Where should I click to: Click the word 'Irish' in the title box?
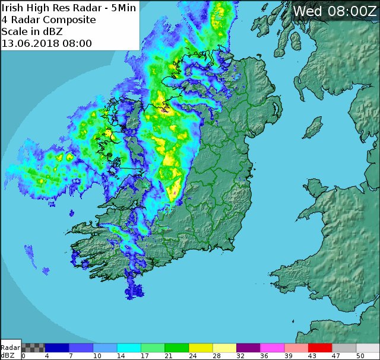[x=14, y=8]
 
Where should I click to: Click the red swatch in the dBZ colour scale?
[x=319, y=348]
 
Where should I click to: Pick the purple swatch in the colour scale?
[x=248, y=348]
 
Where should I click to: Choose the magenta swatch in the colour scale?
[x=272, y=348]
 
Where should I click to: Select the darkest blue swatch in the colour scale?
[x=57, y=348]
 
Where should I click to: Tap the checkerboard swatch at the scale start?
[x=33, y=348]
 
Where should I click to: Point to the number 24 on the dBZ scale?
[x=192, y=356]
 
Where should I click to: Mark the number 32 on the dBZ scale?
[x=240, y=356]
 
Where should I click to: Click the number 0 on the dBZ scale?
[x=23, y=356]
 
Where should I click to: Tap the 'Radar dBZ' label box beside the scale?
[x=10, y=351]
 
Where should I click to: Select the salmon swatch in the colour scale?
[x=296, y=348]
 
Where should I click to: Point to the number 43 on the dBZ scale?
[x=312, y=356]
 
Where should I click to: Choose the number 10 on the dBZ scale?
[x=97, y=356]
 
